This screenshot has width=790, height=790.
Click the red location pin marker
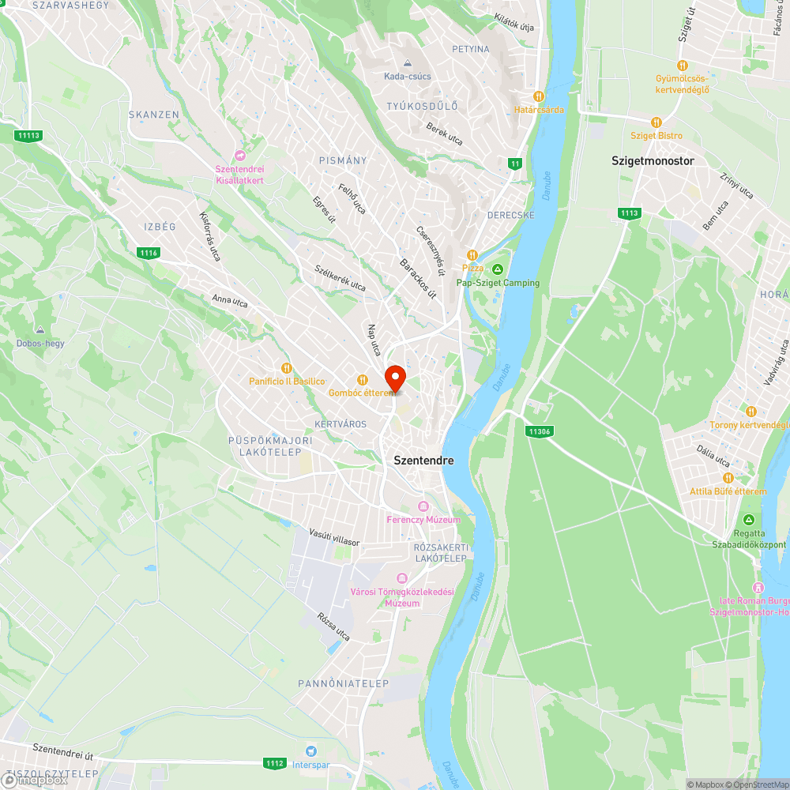(395, 377)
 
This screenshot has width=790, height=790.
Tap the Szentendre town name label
(424, 460)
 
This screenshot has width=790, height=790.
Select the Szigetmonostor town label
(653, 160)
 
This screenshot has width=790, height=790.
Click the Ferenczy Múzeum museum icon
(423, 506)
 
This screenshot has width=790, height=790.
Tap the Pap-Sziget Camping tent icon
(498, 269)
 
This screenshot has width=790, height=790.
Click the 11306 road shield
(539, 431)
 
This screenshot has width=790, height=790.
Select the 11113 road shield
(28, 136)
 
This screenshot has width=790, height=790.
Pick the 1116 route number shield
(148, 253)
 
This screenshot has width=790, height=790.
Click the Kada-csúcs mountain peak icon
(408, 63)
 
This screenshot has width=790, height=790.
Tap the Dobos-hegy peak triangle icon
(40, 329)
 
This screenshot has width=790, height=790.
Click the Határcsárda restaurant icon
(540, 96)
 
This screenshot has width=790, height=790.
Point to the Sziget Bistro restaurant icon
(656, 122)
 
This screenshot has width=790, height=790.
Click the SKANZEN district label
(154, 115)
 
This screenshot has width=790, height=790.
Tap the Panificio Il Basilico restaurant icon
(287, 367)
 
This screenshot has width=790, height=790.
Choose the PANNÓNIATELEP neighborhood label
(333, 683)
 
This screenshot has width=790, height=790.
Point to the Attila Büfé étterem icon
(728, 478)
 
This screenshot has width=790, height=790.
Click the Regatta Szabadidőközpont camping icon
(749, 519)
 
